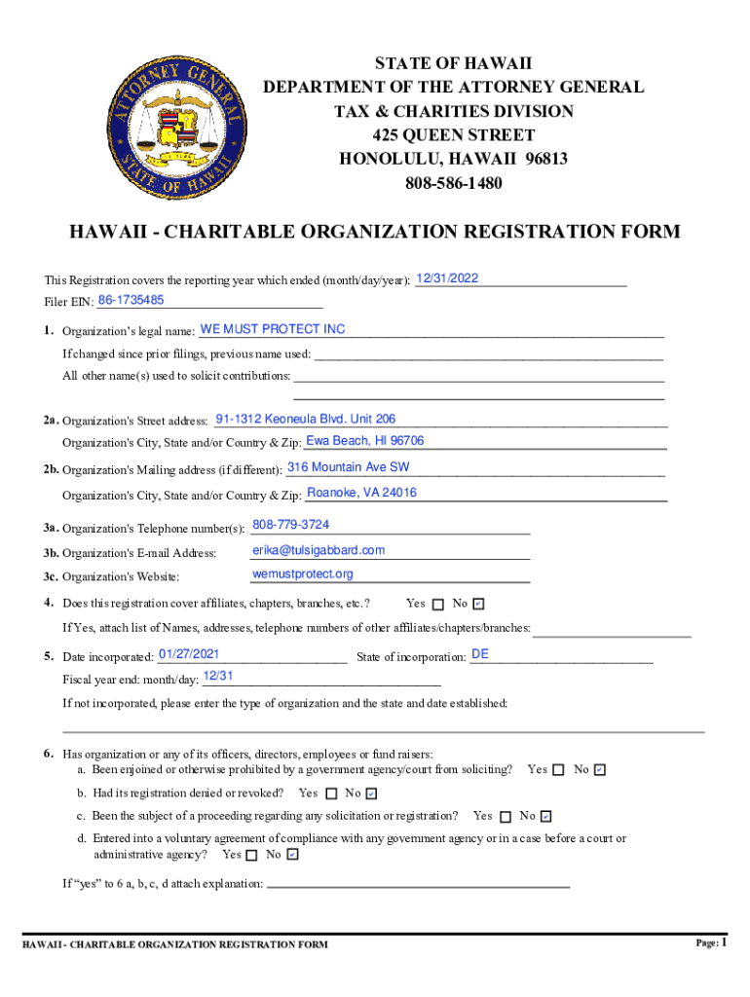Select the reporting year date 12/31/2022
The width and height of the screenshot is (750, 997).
coord(447,278)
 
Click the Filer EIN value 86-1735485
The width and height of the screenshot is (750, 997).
coord(131,300)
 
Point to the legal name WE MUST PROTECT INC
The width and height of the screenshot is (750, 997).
coord(273,329)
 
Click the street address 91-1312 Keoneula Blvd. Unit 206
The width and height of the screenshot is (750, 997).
coord(305,420)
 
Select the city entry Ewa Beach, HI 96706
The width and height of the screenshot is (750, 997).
coord(364,442)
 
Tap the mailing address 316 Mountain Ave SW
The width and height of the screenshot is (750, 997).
coord(348,467)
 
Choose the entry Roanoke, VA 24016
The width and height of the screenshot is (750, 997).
coord(361,493)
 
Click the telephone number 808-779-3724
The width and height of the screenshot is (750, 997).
coord(290,525)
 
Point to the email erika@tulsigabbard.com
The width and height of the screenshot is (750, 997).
coord(319,550)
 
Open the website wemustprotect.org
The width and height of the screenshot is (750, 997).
coord(303,574)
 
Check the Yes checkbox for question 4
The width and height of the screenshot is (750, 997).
coord(437,605)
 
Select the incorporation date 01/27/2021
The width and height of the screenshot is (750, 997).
coord(188,653)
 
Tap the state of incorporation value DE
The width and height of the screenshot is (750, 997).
coord(479,654)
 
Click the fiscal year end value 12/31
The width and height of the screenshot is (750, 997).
coord(218,676)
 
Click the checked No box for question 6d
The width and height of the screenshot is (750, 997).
coord(294,856)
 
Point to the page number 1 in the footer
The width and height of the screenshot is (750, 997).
coord(726,942)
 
